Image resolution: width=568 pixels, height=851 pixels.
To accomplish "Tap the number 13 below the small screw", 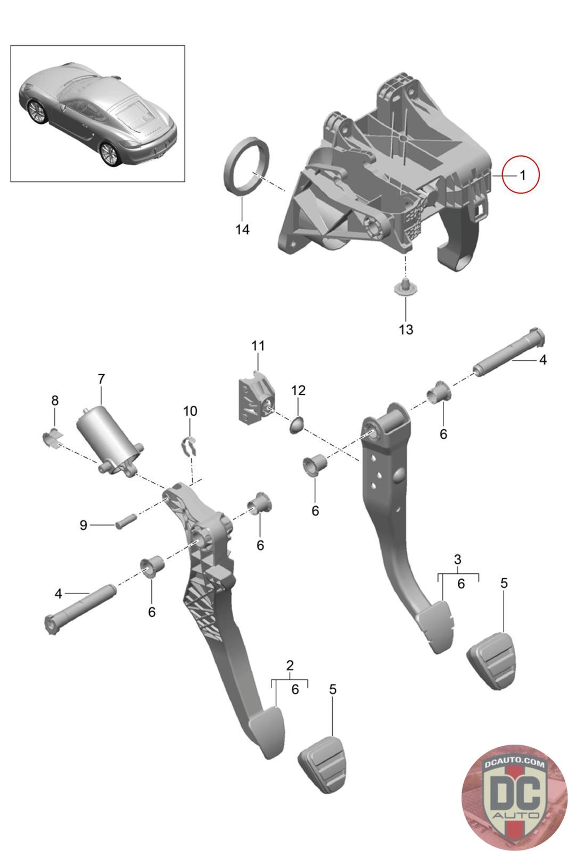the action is (x=406, y=329).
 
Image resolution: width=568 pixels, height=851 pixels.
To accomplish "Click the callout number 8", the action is (x=55, y=400).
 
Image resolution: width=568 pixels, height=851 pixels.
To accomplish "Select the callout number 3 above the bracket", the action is (x=457, y=559).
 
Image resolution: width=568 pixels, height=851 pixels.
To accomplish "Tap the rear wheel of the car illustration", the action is (x=109, y=153).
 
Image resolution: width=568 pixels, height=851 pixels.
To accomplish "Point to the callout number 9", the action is (x=83, y=525).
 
